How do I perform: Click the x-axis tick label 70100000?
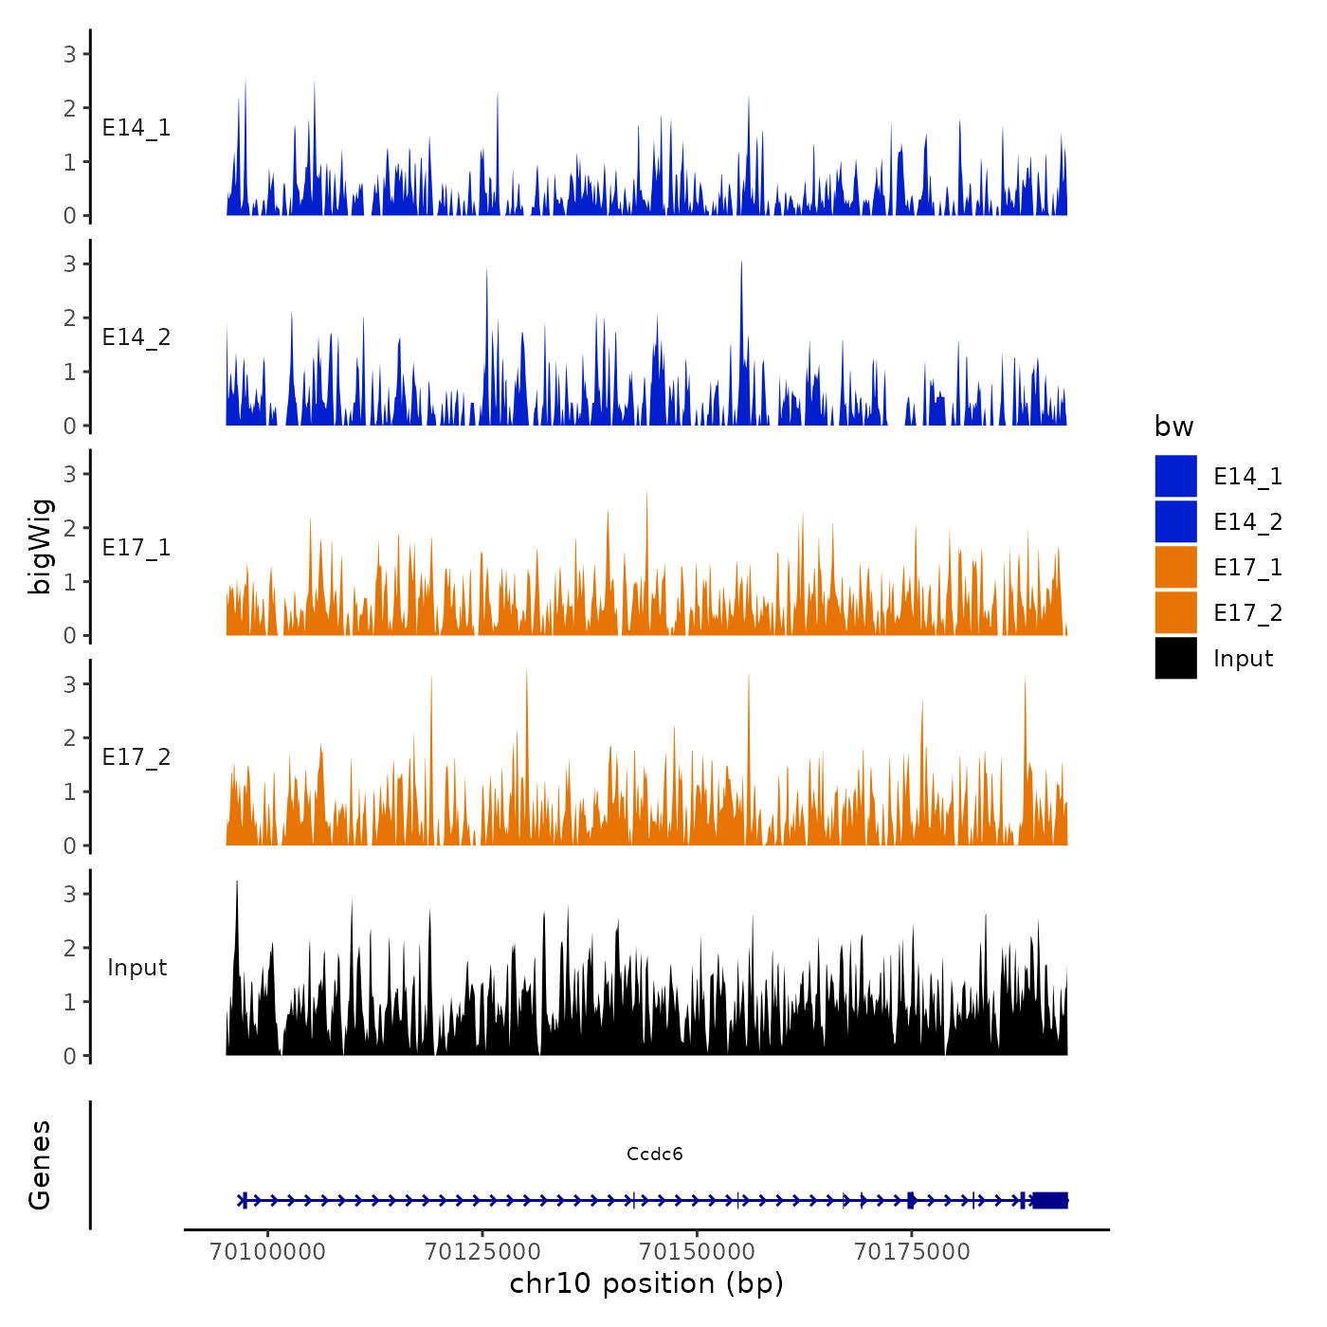268,1251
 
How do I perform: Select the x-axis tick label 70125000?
482,1251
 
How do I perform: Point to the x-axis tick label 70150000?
698,1251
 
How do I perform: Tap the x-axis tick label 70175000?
912,1251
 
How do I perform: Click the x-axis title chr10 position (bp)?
646,1283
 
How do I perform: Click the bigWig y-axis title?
41,546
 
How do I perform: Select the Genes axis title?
40,1165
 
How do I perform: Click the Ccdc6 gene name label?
654,1154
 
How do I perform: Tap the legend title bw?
1173,427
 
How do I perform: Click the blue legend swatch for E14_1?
1175,476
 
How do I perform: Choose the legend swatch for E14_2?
1175,521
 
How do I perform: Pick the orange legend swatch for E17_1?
1175,567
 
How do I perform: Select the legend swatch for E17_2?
1175,612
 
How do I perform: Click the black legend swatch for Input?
1175,658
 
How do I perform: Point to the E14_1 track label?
136,128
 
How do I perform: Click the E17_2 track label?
136,757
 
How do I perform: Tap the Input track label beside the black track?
136,968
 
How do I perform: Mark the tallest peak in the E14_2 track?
741,263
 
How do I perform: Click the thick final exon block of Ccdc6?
1050,1200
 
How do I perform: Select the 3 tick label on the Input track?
70,894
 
